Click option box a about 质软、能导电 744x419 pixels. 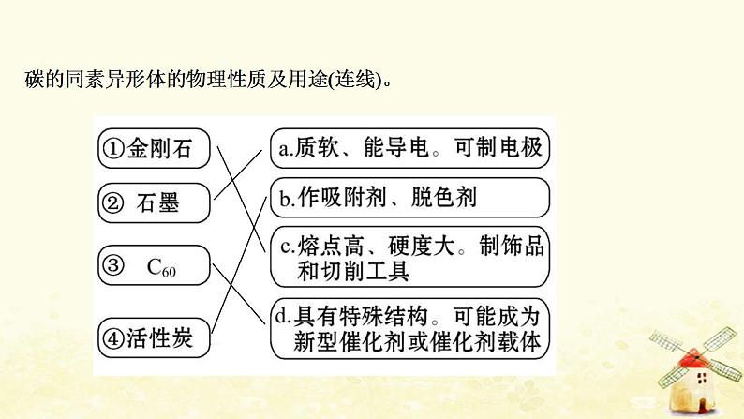tap(409, 148)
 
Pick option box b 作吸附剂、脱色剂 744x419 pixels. tap(409, 198)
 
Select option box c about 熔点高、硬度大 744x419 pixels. tap(409, 258)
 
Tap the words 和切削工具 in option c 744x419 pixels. tap(343, 271)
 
